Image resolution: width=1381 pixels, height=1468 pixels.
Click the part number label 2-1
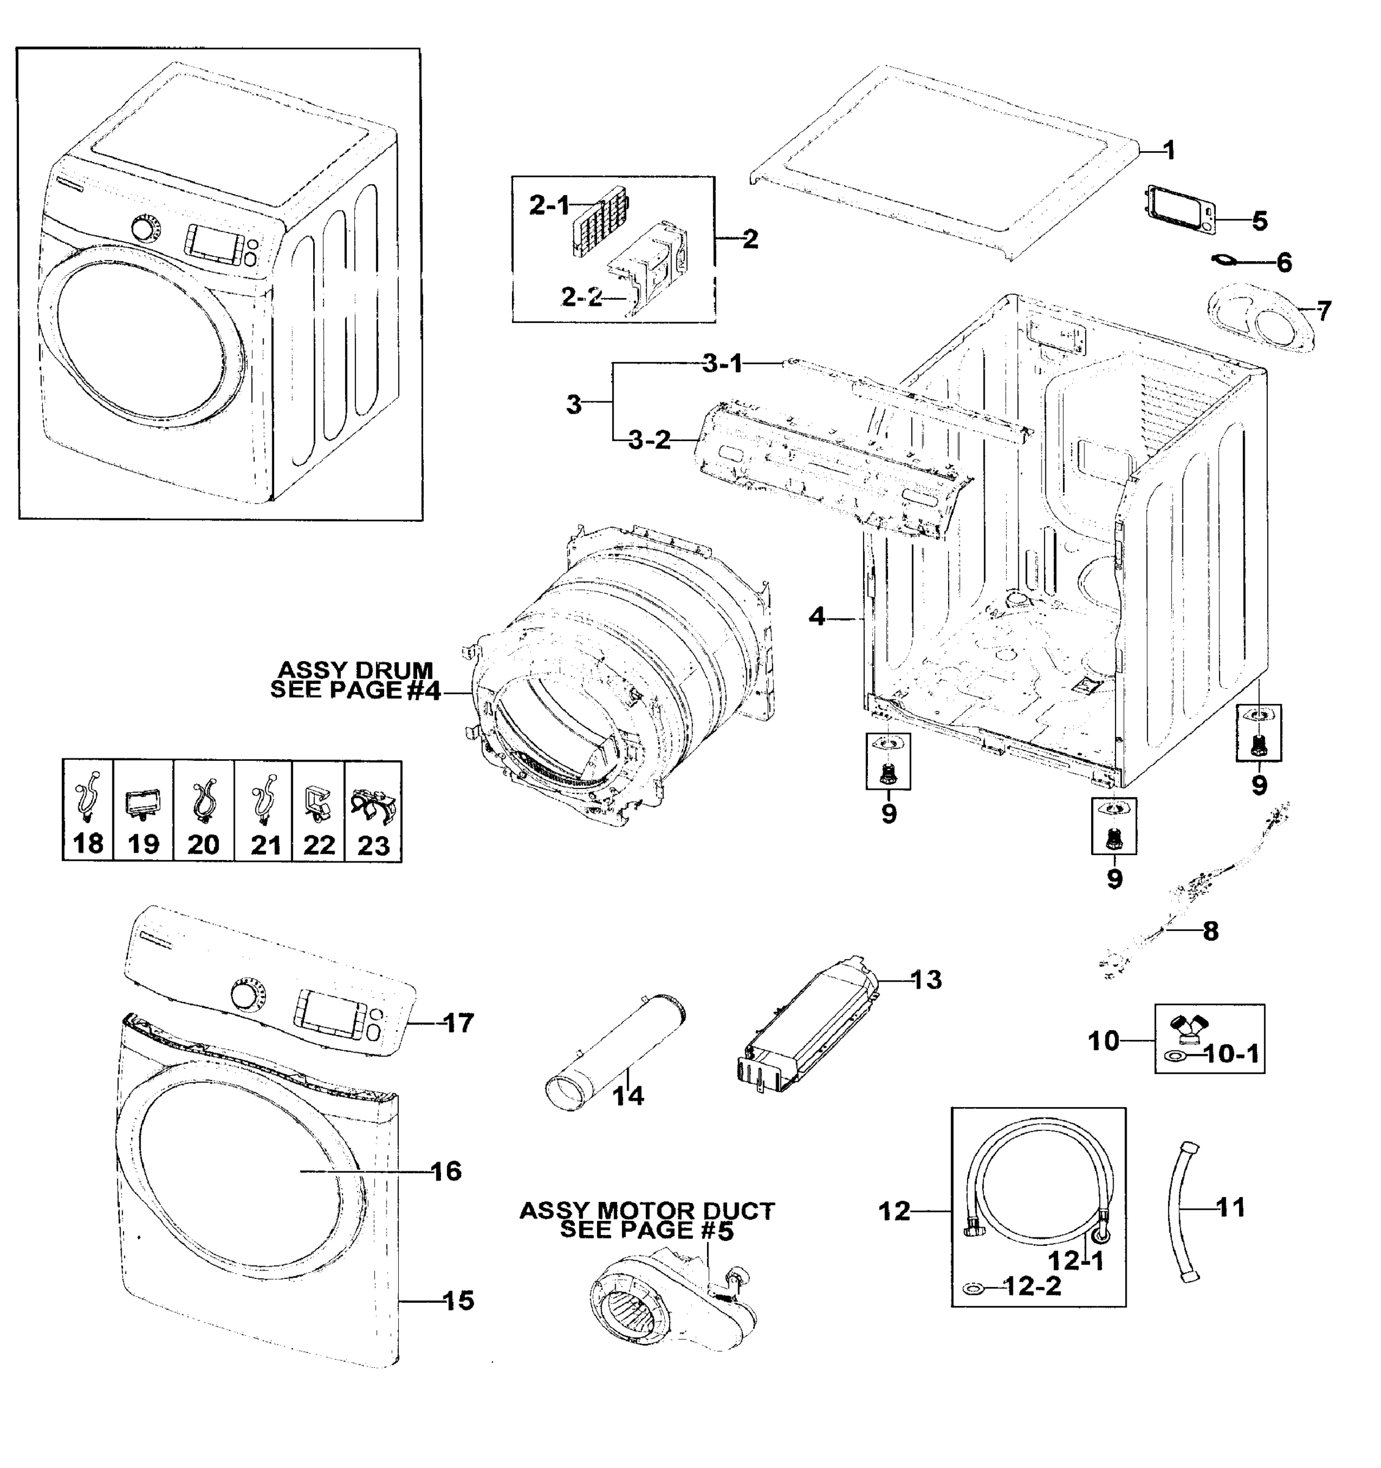(549, 206)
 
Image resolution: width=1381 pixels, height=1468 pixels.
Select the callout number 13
(926, 980)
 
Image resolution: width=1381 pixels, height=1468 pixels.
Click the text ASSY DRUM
(355, 670)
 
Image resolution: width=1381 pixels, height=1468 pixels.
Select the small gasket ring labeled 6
(1224, 259)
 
